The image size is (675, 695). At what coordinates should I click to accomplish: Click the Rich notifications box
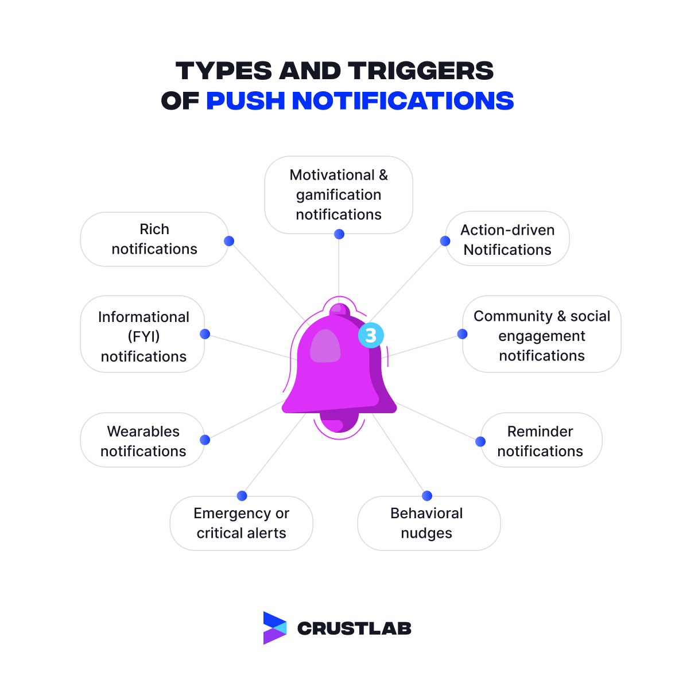[x=154, y=239]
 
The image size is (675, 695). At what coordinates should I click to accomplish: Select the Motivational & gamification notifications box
[x=339, y=195]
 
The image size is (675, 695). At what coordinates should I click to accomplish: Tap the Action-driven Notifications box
[x=507, y=239]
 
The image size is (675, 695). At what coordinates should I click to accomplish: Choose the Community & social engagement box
[x=542, y=336]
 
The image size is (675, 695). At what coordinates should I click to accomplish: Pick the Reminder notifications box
[x=540, y=441]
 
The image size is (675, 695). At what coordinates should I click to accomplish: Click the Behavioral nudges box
[x=426, y=523]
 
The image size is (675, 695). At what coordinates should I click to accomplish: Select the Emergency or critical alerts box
[x=241, y=523]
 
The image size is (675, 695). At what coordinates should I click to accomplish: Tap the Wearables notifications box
[x=143, y=441]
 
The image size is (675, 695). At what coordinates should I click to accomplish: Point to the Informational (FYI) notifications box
[x=143, y=336]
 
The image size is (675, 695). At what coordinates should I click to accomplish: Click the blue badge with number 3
[x=371, y=335]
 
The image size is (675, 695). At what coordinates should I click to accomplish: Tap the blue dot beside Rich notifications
[x=229, y=241]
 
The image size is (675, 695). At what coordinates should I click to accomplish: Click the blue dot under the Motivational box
[x=339, y=234]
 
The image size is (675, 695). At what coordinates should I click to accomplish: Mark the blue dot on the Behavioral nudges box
[x=427, y=496]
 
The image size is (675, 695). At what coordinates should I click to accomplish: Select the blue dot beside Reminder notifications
[x=480, y=441]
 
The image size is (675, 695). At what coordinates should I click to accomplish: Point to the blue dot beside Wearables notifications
[x=205, y=440]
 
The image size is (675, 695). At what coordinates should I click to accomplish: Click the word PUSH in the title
[x=246, y=101]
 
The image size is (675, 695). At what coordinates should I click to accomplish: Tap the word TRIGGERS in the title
[x=421, y=71]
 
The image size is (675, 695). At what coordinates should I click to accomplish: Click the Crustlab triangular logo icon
[x=274, y=628]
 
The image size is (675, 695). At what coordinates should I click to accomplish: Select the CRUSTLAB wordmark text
[x=354, y=628]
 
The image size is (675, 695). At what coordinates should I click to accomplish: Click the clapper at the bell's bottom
[x=338, y=425]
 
